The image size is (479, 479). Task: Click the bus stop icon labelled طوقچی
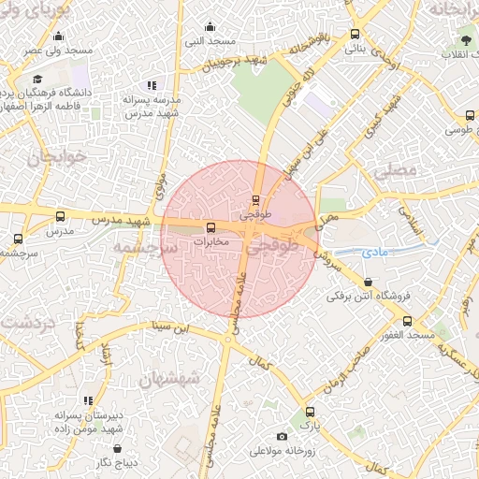(256, 199)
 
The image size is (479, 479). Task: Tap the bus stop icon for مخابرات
(210, 226)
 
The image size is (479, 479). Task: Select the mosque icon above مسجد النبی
(210, 26)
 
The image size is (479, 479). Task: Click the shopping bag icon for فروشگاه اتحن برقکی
(368, 282)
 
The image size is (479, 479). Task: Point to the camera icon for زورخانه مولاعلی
(283, 437)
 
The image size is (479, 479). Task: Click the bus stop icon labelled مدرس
(61, 216)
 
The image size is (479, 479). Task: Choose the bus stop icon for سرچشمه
(18, 239)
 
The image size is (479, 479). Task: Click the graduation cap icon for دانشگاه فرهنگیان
(36, 80)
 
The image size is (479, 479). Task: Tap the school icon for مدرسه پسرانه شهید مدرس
(152, 85)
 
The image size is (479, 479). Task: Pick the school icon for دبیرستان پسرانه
(88, 400)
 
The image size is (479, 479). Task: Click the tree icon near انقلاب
(465, 39)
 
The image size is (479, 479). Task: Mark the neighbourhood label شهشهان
(167, 379)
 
